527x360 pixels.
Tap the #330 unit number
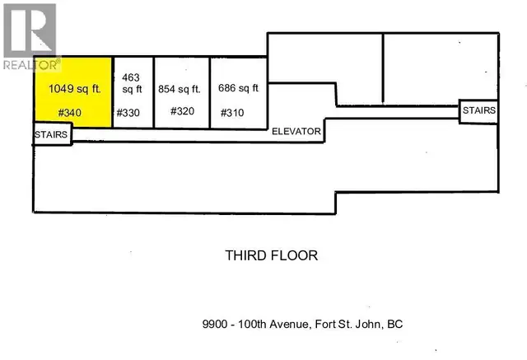(130, 113)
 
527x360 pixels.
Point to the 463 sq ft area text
(133, 82)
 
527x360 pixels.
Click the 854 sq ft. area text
(182, 89)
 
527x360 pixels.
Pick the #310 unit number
(234, 113)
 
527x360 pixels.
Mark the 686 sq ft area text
(239, 88)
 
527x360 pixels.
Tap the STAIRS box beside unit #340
(52, 134)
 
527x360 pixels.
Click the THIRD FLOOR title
(271, 255)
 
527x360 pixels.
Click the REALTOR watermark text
(31, 63)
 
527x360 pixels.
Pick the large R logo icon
(28, 30)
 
